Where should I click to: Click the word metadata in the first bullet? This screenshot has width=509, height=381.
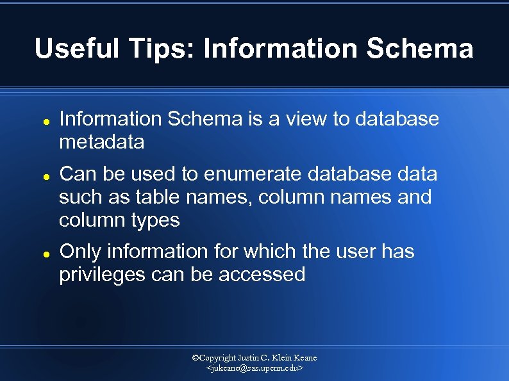(101, 142)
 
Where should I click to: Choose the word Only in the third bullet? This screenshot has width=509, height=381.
(80, 252)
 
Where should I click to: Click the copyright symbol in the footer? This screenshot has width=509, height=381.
(197, 358)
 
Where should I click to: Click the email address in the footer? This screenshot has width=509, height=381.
(254, 369)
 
